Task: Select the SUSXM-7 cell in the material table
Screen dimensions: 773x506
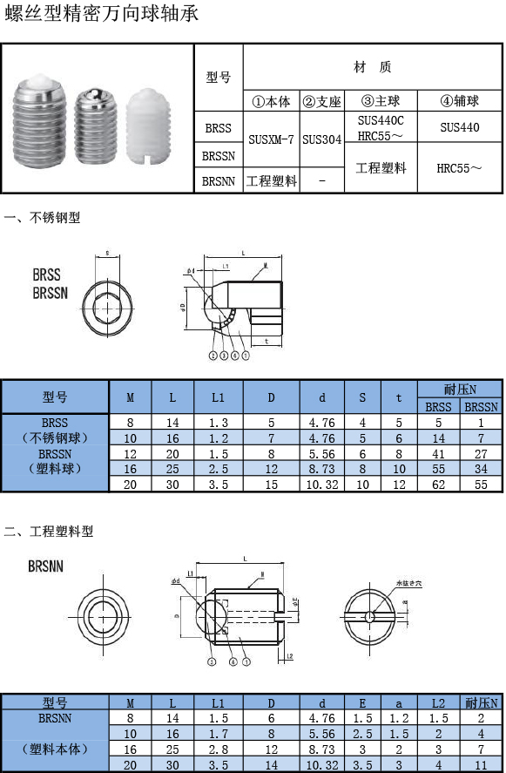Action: [x=271, y=139]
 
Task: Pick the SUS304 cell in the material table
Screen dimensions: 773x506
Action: [x=321, y=139]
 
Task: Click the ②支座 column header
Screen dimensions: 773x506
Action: [x=321, y=101]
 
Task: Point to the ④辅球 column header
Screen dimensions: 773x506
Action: [x=459, y=101]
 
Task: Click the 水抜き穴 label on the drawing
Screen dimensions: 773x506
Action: [x=408, y=582]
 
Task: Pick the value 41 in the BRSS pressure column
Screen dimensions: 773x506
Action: [x=438, y=454]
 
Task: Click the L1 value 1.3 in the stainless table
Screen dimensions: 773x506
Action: [x=218, y=422]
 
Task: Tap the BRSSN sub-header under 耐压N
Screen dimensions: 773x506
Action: [x=481, y=406]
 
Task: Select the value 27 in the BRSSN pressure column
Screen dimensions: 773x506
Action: [x=481, y=454]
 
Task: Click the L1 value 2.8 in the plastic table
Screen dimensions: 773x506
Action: [x=218, y=749]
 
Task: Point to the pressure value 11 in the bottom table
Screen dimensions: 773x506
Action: [x=481, y=764]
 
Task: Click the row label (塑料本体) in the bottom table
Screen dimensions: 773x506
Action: [x=55, y=749]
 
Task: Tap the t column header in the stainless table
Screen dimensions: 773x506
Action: [x=399, y=397]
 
